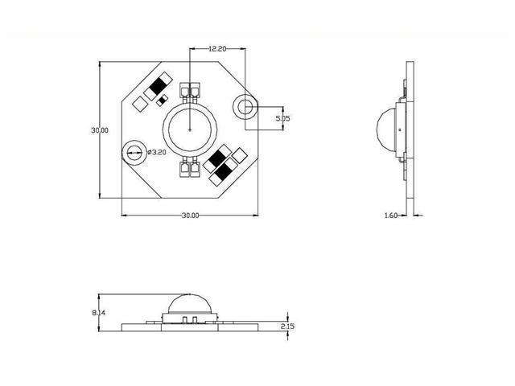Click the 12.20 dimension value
click(216, 49)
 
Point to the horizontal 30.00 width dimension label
click(190, 215)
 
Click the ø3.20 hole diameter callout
click(158, 150)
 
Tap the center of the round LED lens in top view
click(190, 129)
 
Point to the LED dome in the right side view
click(389, 129)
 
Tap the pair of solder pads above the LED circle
click(190, 90)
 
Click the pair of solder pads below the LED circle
click(190, 168)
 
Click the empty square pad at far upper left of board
click(140, 104)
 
